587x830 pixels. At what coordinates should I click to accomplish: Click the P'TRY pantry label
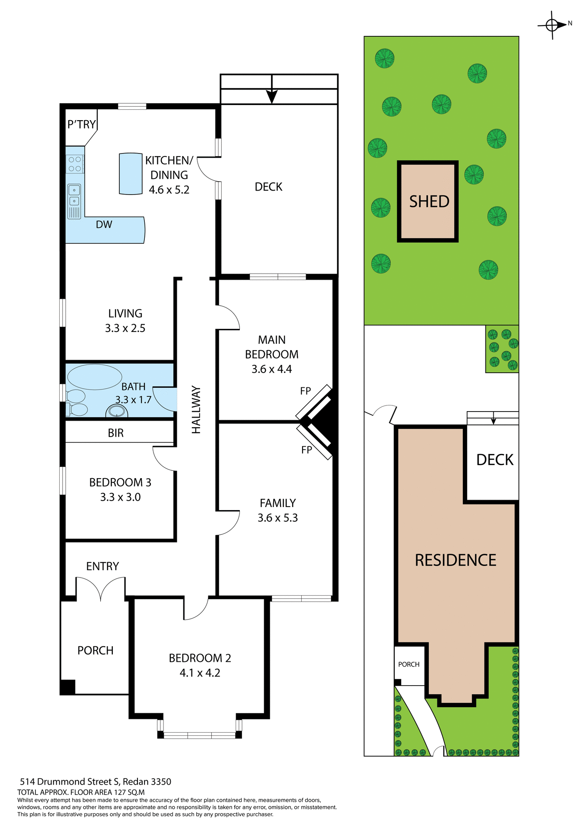tap(81, 124)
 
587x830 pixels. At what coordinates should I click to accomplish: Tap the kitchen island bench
tap(131, 173)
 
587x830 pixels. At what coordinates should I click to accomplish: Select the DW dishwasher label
tap(104, 224)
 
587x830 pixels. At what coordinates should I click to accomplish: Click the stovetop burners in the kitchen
tap(75, 164)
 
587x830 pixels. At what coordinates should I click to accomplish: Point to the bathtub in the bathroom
tap(95, 377)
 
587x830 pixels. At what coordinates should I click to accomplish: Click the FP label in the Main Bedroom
tap(305, 391)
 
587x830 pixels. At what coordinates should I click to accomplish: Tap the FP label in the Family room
tap(306, 450)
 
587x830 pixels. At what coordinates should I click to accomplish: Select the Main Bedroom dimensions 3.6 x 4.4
tap(271, 369)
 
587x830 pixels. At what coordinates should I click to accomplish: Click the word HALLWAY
tap(196, 410)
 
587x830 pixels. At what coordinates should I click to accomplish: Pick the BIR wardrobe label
tap(115, 433)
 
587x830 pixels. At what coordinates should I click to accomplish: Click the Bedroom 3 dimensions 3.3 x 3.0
tap(120, 497)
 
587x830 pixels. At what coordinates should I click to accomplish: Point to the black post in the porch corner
tap(67, 687)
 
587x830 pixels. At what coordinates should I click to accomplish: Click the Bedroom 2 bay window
tap(200, 735)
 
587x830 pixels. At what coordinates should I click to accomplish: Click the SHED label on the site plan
tap(429, 201)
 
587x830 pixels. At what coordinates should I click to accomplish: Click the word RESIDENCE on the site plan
tap(455, 560)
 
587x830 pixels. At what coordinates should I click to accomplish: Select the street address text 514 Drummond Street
tap(95, 782)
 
